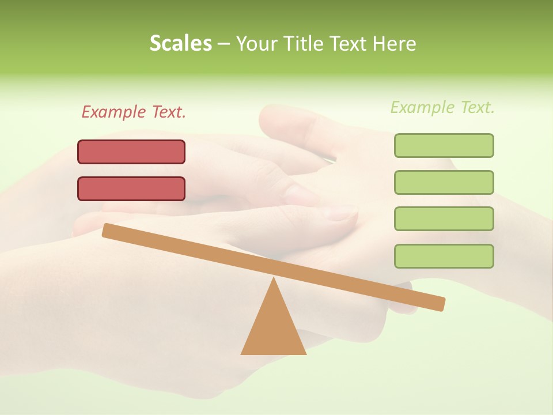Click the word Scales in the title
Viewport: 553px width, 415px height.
[180, 44]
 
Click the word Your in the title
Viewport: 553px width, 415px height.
[257, 44]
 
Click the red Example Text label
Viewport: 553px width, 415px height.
[134, 112]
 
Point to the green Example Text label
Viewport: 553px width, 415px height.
[442, 107]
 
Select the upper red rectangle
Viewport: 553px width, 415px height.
[131, 152]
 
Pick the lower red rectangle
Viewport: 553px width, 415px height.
[131, 188]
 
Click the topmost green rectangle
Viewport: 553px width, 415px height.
[444, 145]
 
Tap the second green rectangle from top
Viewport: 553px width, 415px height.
[444, 182]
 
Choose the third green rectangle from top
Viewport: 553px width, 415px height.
[444, 218]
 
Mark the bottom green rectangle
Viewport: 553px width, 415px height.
[444, 256]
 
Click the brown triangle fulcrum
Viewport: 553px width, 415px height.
[274, 329]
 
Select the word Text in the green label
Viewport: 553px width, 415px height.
[476, 107]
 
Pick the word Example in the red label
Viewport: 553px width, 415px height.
[114, 112]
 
